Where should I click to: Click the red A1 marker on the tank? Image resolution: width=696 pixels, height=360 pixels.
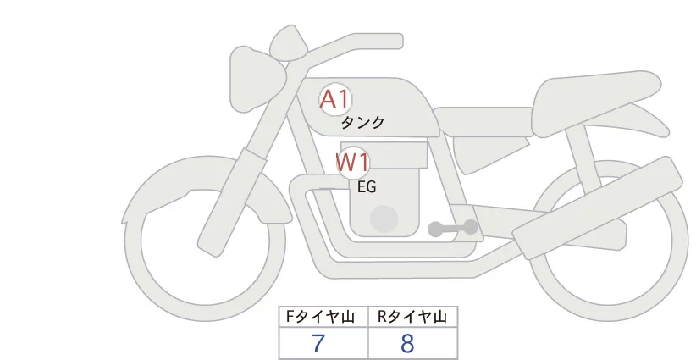pyautogui.click(x=335, y=99)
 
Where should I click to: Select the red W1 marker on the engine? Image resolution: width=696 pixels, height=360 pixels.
pyautogui.click(x=352, y=163)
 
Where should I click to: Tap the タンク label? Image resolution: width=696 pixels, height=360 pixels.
pyautogui.click(x=362, y=123)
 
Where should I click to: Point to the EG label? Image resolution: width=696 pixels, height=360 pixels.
pyautogui.click(x=367, y=187)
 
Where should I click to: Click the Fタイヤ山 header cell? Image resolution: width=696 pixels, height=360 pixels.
pyautogui.click(x=323, y=317)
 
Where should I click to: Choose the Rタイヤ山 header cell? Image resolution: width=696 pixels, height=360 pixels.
pyautogui.click(x=413, y=317)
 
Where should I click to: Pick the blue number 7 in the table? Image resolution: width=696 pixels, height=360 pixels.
pyautogui.click(x=318, y=343)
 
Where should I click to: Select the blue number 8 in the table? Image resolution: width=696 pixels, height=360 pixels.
pyautogui.click(x=407, y=343)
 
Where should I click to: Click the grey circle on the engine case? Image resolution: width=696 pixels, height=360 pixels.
pyautogui.click(x=384, y=219)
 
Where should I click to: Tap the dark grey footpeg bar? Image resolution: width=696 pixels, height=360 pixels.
pyautogui.click(x=453, y=228)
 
